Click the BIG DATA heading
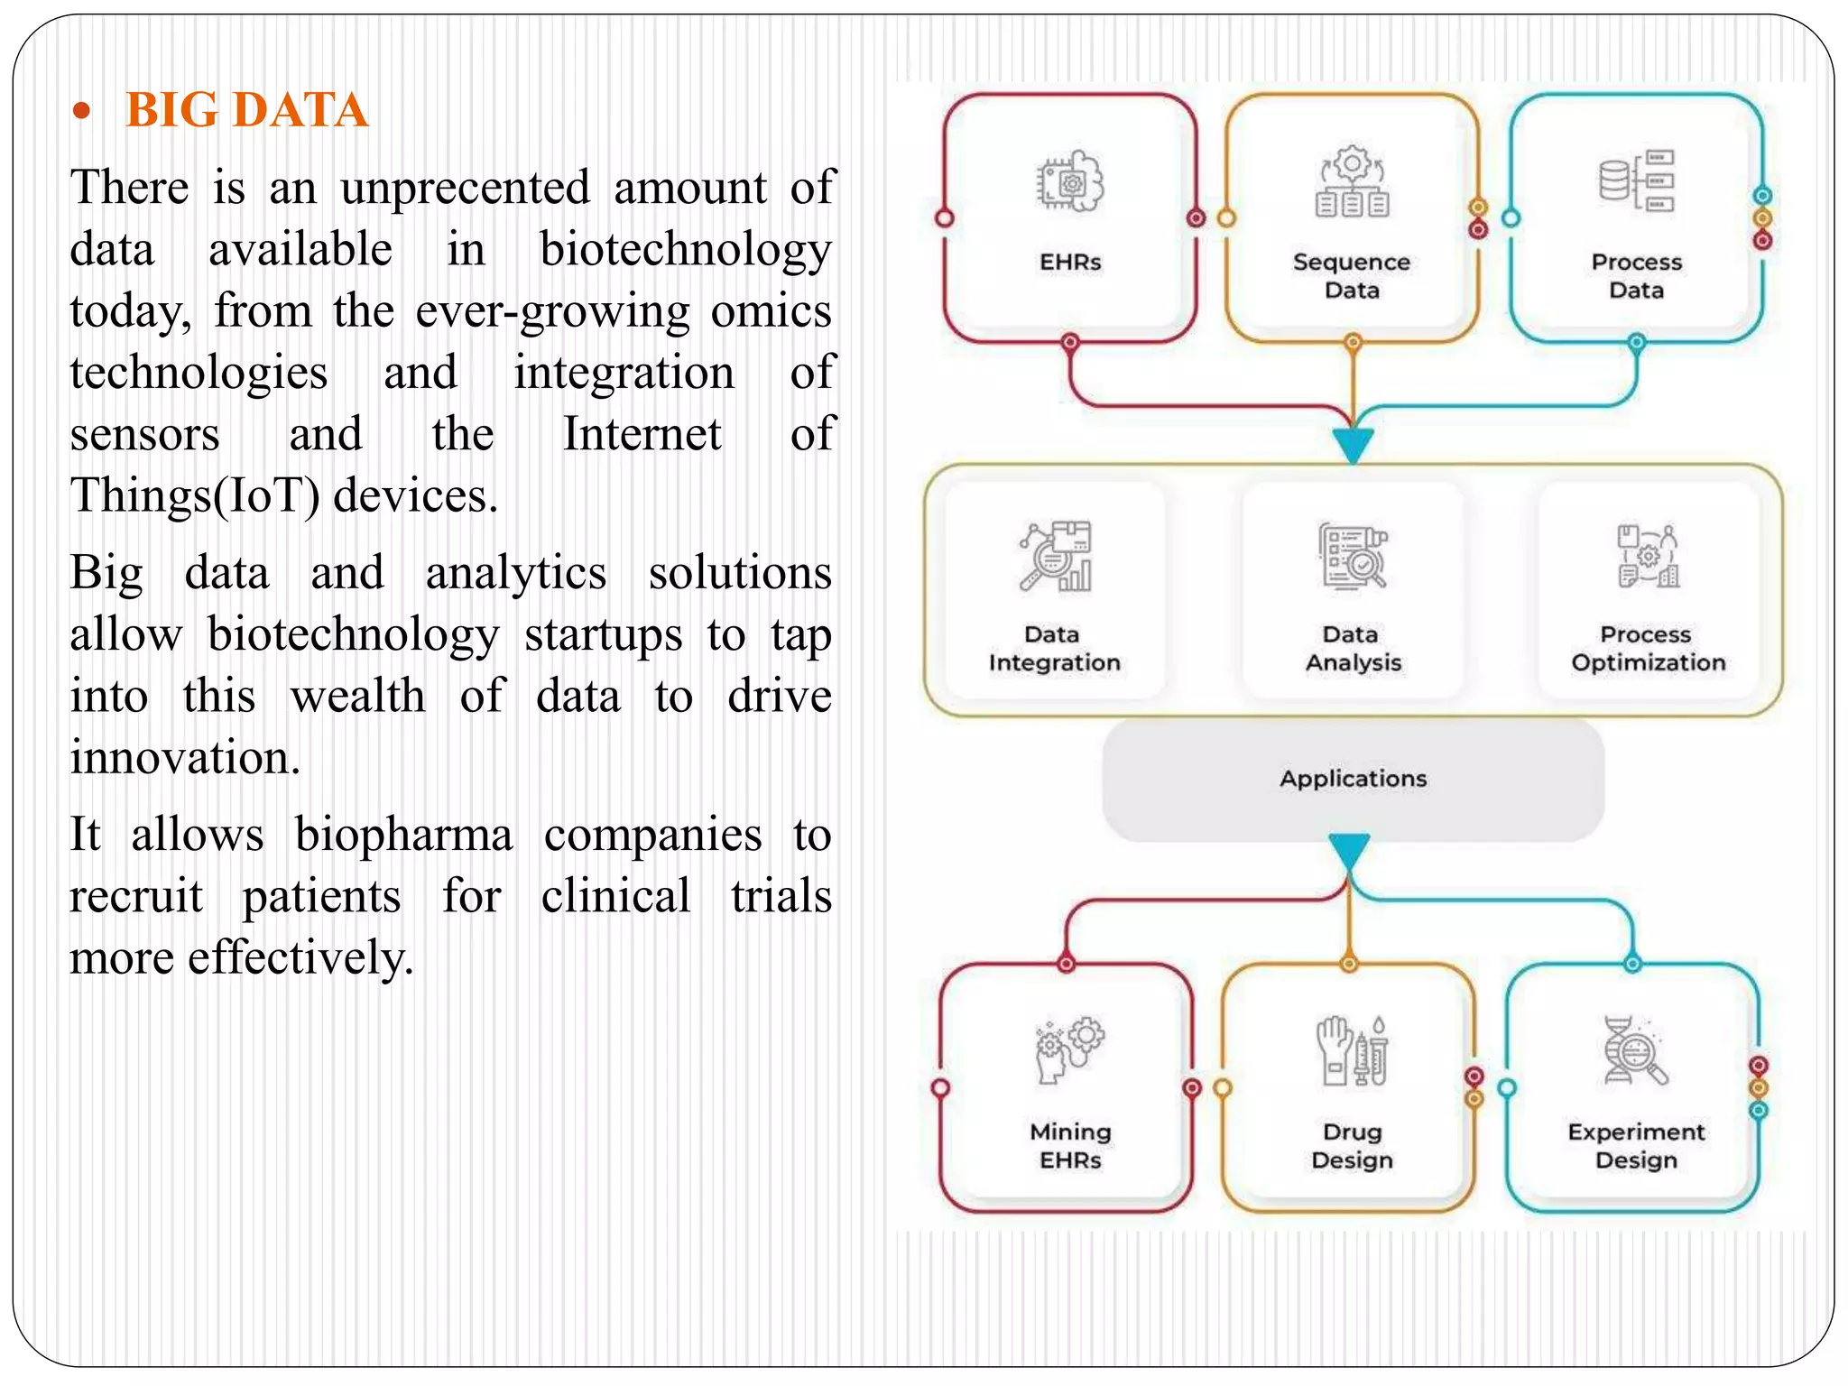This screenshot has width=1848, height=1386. (246, 110)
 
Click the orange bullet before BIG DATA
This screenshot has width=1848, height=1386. (82, 112)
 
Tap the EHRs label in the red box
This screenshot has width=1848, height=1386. (1070, 263)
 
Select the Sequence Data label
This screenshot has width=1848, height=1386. (1351, 276)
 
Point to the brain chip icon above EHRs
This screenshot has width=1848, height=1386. (1070, 181)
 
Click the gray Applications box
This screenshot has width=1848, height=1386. (1353, 779)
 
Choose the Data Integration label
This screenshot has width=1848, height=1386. (1054, 649)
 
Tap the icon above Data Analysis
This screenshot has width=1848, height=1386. (1352, 556)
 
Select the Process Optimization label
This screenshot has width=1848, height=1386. (1648, 649)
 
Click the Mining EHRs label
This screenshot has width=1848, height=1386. (1070, 1146)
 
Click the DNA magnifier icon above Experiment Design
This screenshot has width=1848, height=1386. (1635, 1050)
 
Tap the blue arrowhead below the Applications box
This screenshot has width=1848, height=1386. (1349, 850)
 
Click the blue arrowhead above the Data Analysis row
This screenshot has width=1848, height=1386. (1353, 444)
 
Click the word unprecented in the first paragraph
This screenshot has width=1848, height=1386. (465, 188)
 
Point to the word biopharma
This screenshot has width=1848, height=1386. (403, 835)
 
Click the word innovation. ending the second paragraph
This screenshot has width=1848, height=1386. (185, 757)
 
